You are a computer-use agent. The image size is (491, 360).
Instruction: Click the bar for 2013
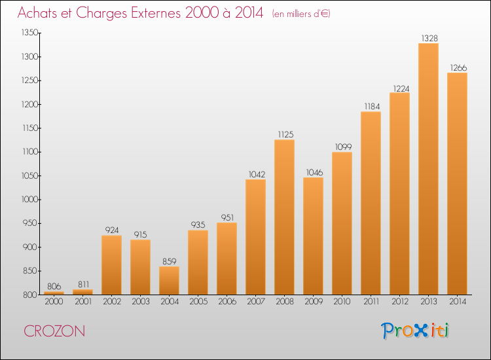click(x=428, y=169)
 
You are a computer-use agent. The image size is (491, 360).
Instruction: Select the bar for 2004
click(x=169, y=281)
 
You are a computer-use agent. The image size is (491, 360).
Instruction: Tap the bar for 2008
click(x=284, y=217)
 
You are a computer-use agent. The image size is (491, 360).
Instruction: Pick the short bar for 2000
click(x=54, y=293)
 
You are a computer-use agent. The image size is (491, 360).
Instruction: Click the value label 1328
click(x=429, y=38)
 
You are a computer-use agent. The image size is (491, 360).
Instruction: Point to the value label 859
click(x=170, y=261)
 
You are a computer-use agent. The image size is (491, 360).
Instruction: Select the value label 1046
click(x=314, y=173)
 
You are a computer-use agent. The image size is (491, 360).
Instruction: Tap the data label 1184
click(x=372, y=107)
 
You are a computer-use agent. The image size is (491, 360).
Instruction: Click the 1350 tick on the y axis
click(x=29, y=33)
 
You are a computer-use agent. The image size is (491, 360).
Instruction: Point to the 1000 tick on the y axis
click(x=29, y=200)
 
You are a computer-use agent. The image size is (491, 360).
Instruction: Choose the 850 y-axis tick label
click(x=31, y=271)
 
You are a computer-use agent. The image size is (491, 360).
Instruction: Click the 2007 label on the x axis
click(x=256, y=302)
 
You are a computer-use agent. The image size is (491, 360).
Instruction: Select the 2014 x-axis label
click(x=458, y=302)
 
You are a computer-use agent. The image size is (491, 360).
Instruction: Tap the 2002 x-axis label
click(x=112, y=302)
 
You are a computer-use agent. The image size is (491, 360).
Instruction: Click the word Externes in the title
click(x=156, y=13)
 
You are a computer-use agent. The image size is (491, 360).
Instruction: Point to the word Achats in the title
click(x=37, y=13)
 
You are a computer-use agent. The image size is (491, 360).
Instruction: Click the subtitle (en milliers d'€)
click(x=301, y=14)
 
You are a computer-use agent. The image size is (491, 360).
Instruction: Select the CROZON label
click(x=54, y=331)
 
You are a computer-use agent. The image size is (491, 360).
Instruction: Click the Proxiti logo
click(x=415, y=331)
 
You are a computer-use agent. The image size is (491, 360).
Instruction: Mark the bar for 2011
click(x=371, y=203)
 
